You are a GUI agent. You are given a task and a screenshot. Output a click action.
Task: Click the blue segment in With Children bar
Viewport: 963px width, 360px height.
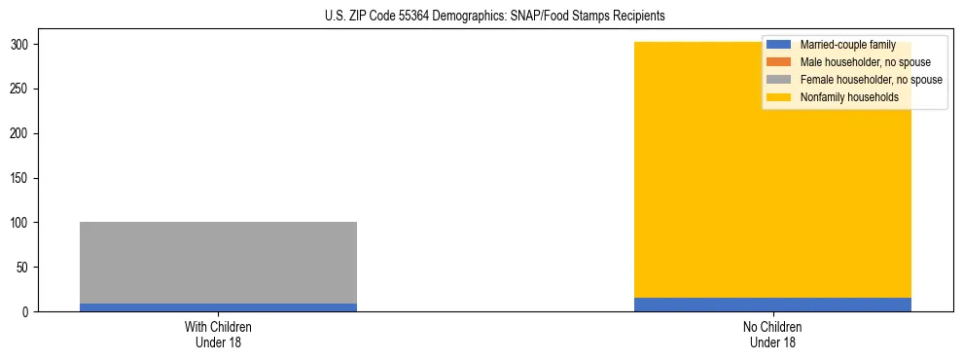tap(218, 307)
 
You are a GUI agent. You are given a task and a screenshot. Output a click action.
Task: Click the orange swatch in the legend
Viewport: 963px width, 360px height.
tap(779, 62)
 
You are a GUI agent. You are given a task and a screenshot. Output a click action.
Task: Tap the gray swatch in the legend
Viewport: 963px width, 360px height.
tap(779, 80)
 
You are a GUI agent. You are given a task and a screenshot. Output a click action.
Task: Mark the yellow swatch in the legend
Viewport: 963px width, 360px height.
tap(779, 97)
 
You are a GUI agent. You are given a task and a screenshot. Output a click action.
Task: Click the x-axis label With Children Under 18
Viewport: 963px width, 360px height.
tap(218, 335)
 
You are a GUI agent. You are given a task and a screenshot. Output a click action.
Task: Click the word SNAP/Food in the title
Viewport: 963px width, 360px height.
tap(563, 17)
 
